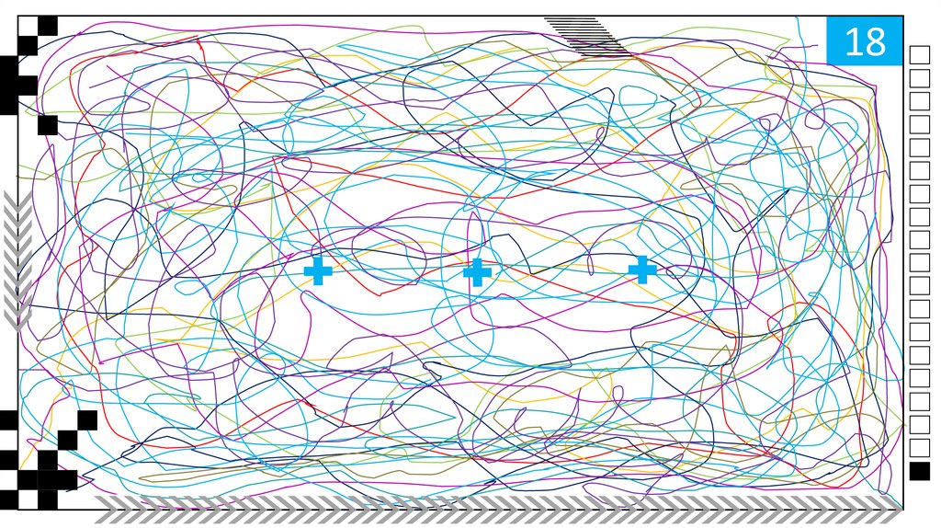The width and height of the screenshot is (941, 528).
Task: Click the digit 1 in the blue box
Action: (851, 42)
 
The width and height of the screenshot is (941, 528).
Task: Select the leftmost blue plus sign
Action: (318, 271)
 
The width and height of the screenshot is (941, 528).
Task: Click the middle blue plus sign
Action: (477, 271)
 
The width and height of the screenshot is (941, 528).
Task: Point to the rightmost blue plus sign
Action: (642, 270)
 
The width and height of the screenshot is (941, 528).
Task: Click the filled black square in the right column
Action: (919, 471)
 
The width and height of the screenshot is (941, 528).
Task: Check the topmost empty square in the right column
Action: (919, 55)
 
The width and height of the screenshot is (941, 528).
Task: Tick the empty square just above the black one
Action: (919, 448)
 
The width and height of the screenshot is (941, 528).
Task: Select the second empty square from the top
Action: (919, 78)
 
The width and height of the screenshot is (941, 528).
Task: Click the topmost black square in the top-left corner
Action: (47, 26)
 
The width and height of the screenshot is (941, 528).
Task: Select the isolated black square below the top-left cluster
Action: (48, 125)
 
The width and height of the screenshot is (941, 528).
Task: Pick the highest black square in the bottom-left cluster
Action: (87, 420)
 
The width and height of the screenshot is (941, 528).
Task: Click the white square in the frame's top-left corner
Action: (27, 26)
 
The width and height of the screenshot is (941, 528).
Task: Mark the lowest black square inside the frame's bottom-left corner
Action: (47, 499)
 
